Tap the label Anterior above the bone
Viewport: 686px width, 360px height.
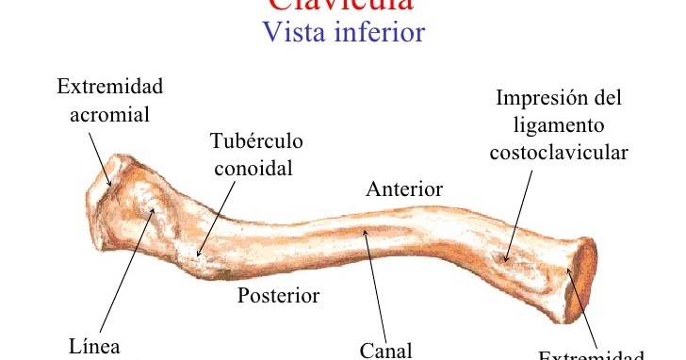click(403, 189)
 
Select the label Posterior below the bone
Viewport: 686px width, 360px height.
click(278, 296)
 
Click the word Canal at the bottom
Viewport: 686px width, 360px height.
click(386, 351)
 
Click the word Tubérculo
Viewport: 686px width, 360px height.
click(255, 141)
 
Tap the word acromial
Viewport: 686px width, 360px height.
click(109, 114)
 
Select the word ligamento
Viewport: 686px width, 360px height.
click(559, 124)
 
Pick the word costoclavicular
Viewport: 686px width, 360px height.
click(559, 152)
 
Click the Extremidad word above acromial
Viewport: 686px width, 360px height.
click(109, 87)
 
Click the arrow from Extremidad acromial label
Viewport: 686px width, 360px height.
click(101, 155)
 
